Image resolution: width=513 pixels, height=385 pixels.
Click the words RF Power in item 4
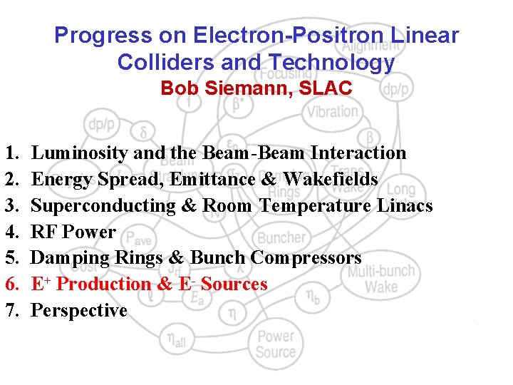click(x=73, y=232)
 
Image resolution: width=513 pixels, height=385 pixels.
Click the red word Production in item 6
click(x=103, y=284)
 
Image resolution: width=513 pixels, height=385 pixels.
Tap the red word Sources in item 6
click(x=234, y=284)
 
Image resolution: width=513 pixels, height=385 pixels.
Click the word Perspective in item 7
click(x=79, y=311)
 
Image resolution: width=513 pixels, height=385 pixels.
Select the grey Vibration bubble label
click(x=332, y=111)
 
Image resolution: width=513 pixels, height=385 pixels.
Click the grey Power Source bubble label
click(x=276, y=344)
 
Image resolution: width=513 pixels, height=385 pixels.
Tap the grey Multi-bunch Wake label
click(x=381, y=279)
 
